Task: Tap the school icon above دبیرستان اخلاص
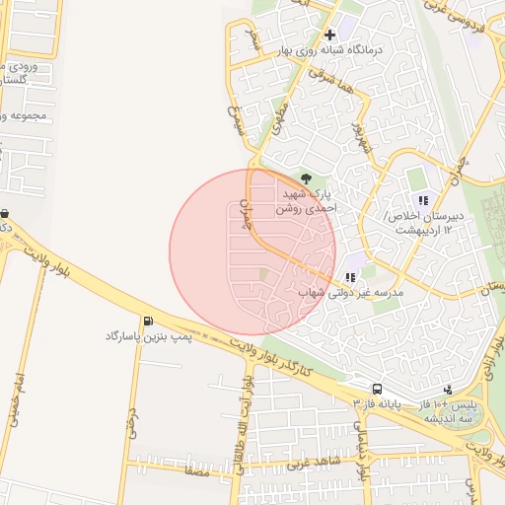pyautogui.click(x=423, y=200)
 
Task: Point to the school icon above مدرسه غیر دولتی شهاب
pyautogui.click(x=350, y=277)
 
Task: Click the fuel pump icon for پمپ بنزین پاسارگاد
pyautogui.click(x=148, y=321)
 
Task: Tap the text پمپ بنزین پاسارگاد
pyautogui.click(x=145, y=336)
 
